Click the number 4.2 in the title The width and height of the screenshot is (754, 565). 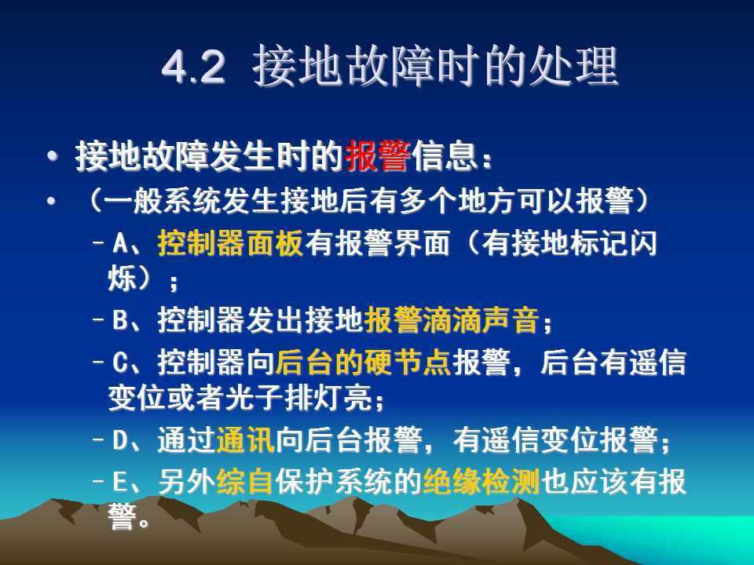pyautogui.click(x=193, y=67)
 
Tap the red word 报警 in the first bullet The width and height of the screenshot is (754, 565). pyautogui.click(x=378, y=156)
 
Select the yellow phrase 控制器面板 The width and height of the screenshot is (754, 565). pyautogui.click(x=230, y=242)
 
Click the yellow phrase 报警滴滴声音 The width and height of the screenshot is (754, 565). pyautogui.click(x=451, y=319)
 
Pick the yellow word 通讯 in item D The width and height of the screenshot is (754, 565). pyautogui.click(x=245, y=439)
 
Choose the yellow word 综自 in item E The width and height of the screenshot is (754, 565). pyautogui.click(x=245, y=481)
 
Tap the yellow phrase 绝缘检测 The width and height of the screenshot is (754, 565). pyautogui.click(x=481, y=481)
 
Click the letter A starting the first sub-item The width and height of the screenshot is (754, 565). pyautogui.click(x=120, y=243)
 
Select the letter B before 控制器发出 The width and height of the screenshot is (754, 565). pyautogui.click(x=120, y=320)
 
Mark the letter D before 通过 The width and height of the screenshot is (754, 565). pyautogui.click(x=120, y=439)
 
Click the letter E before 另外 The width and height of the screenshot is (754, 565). pyautogui.click(x=119, y=482)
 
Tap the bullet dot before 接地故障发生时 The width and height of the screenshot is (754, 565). pyautogui.click(x=52, y=156)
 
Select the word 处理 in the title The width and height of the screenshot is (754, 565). pyautogui.click(x=573, y=66)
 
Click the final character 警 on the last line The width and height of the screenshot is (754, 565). pyautogui.click(x=122, y=517)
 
